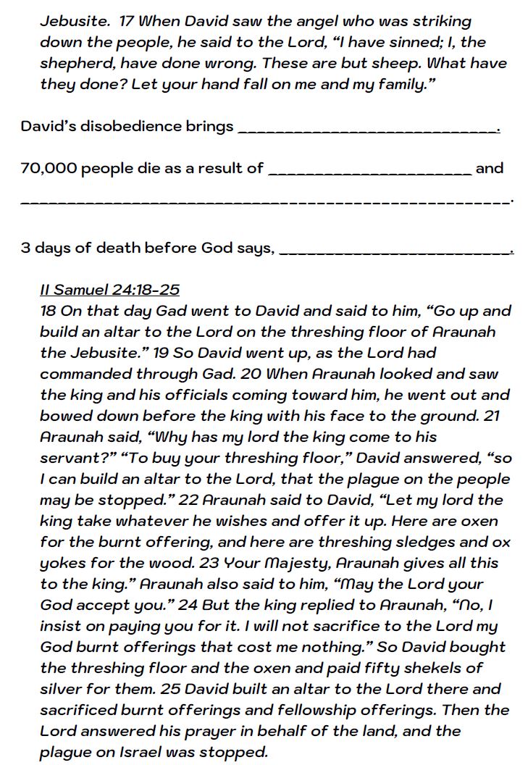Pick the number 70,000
coord(48,168)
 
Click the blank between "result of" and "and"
coord(370,171)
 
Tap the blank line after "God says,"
coord(395,251)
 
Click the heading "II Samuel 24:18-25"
coord(109,290)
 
